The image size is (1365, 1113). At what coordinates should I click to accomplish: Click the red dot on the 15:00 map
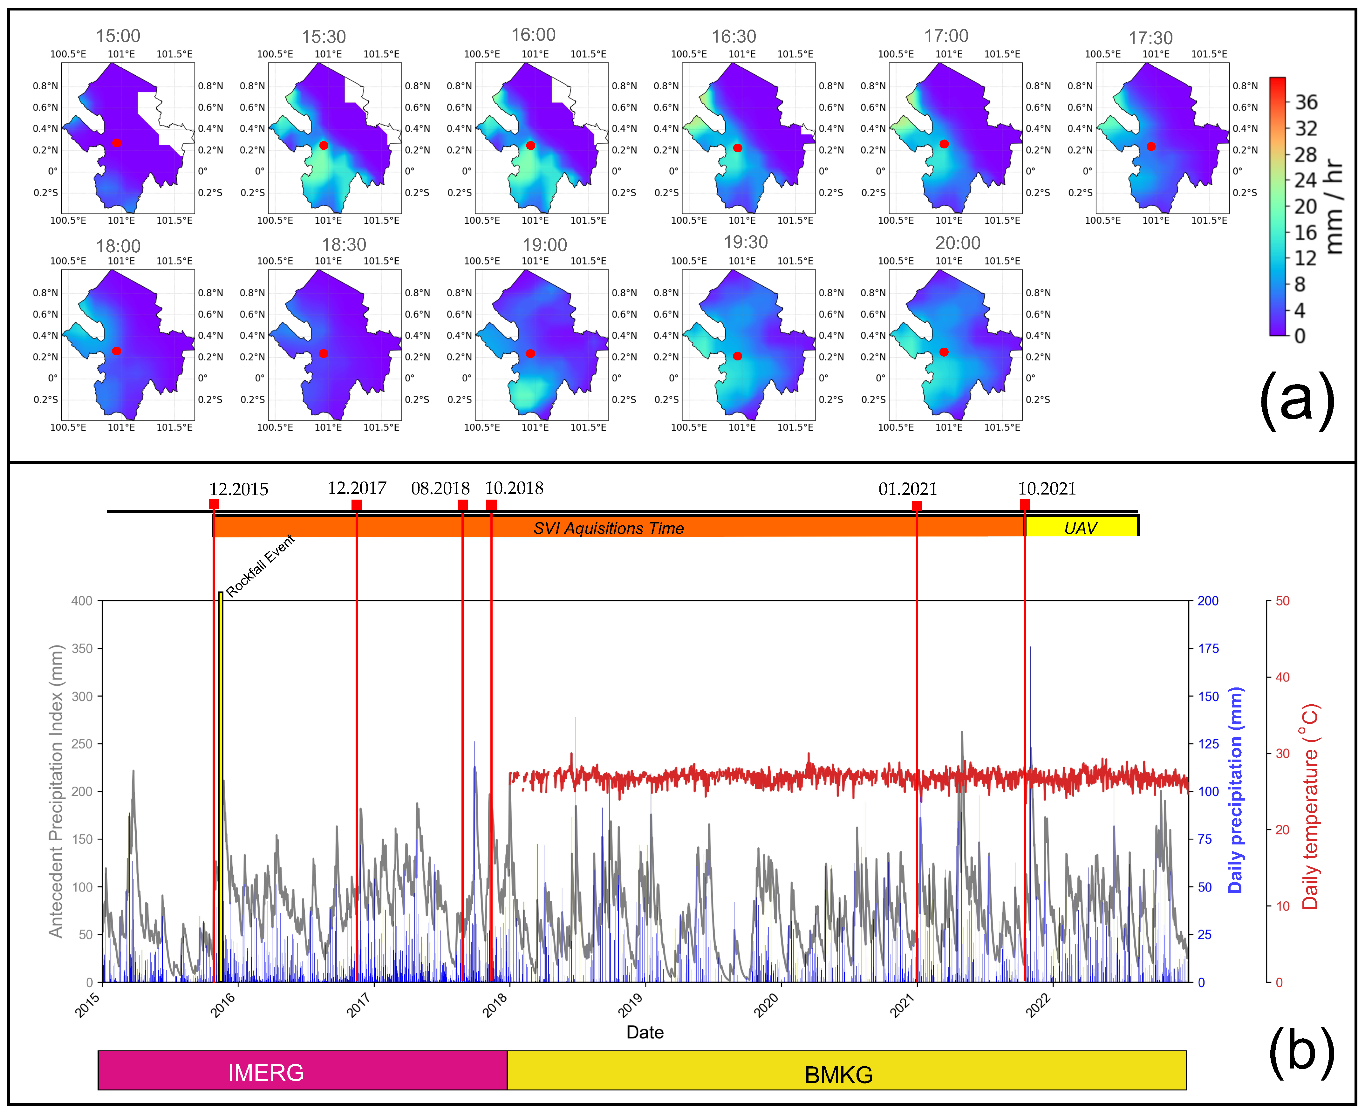(x=117, y=143)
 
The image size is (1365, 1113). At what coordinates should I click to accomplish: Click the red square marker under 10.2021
(x=1025, y=505)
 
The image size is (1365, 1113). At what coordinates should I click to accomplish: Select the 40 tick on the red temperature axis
(x=1282, y=677)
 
